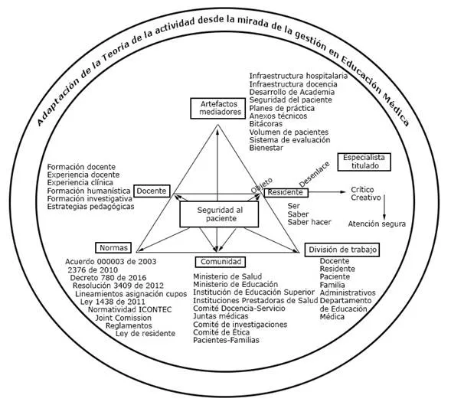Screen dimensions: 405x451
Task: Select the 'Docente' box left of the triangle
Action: point(153,191)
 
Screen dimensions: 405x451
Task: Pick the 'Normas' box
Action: point(113,247)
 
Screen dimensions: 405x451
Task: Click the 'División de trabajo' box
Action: point(343,250)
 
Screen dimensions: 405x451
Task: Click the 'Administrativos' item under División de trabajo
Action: point(348,292)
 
